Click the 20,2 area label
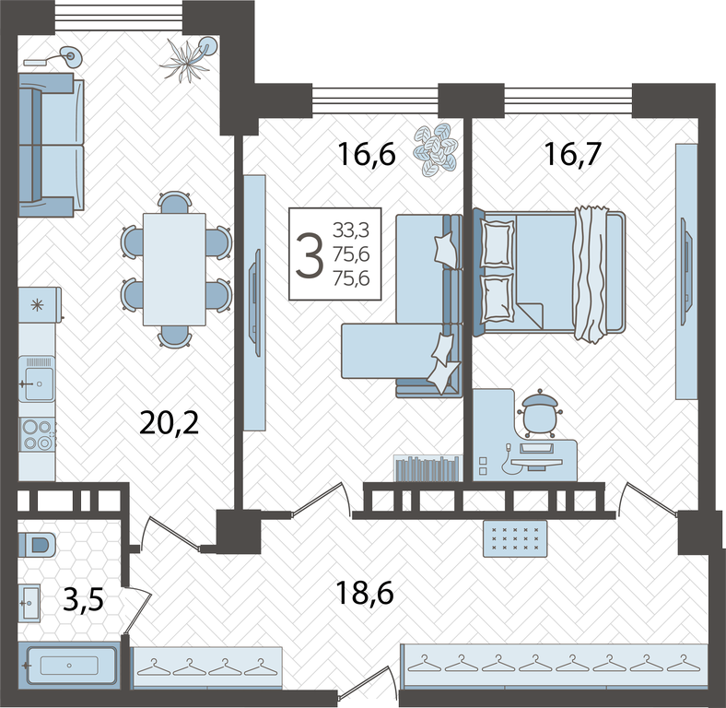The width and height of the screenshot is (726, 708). coord(169,422)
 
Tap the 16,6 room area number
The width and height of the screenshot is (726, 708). coord(367,154)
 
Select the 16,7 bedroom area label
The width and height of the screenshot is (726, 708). coord(573,154)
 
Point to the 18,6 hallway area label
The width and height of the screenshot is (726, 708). coord(365,593)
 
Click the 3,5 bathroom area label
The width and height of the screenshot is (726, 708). coord(83,600)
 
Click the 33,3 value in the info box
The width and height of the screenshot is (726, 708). coord(351,230)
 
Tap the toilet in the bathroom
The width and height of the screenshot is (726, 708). coord(37,544)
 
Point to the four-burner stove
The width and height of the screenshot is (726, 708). coord(37,434)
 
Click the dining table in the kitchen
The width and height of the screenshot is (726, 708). coord(174,269)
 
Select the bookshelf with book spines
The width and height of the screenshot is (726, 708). coord(427,468)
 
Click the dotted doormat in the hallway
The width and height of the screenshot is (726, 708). coord(515,538)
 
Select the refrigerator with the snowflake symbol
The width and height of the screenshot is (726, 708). coord(40,304)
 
